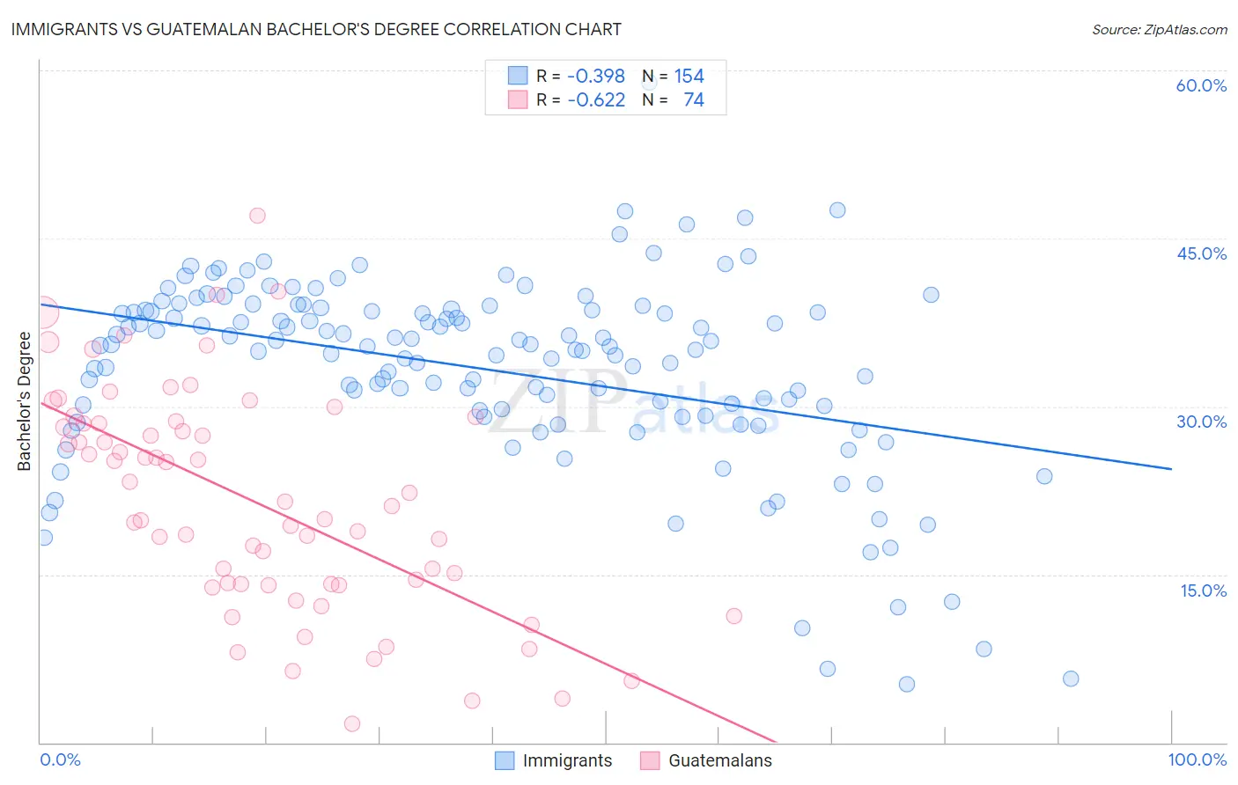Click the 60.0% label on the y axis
tap(1201, 85)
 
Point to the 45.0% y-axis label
tap(1201, 253)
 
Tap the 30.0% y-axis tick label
tap(1201, 422)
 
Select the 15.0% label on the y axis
tap(1203, 591)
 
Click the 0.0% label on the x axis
tap(60, 759)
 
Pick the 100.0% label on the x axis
tap(1197, 759)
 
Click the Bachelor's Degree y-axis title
tap(25, 400)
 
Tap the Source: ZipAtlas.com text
tap(1159, 30)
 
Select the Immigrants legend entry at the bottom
tap(567, 760)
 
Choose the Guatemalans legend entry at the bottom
tap(719, 760)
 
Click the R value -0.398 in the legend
tap(595, 76)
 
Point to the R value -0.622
tap(595, 99)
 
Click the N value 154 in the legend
tap(689, 76)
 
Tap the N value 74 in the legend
tap(693, 99)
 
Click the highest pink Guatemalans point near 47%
tap(257, 216)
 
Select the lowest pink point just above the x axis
tap(352, 723)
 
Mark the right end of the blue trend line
tap(1171, 469)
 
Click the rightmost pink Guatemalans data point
tap(733, 616)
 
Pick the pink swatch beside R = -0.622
tap(517, 99)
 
